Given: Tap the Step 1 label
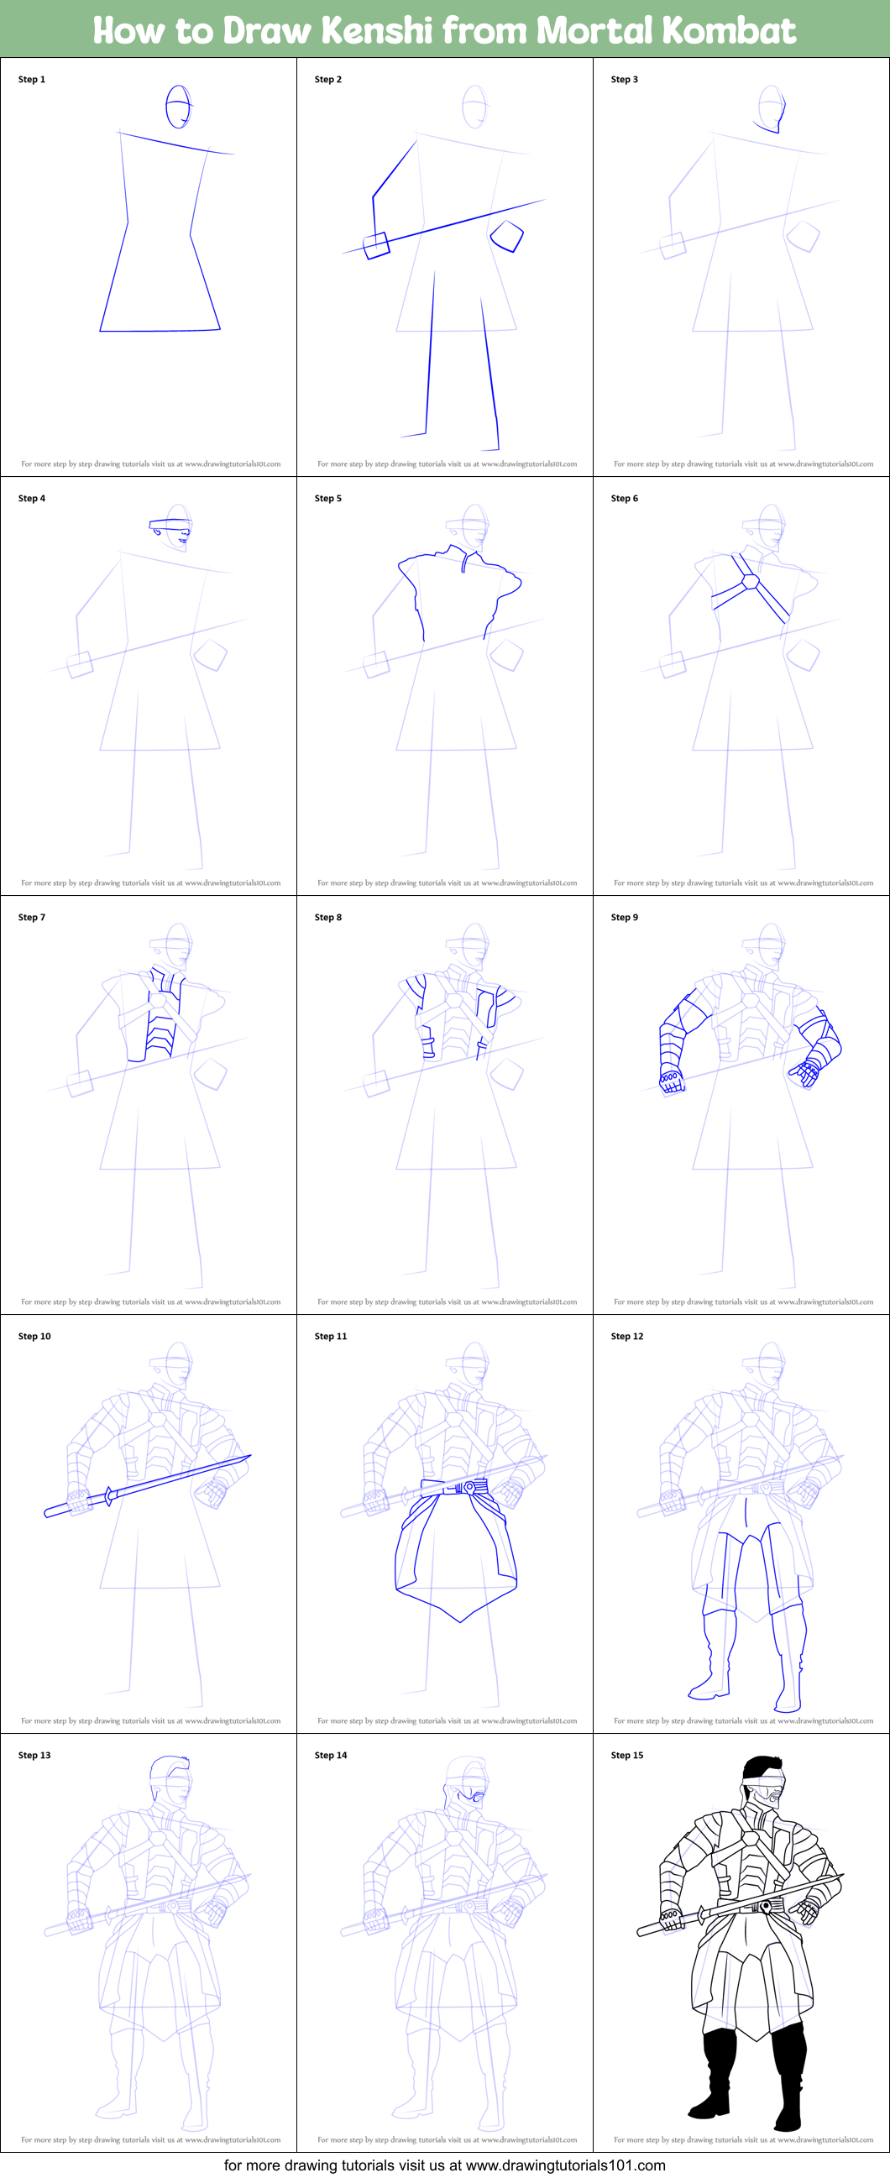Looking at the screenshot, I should (32, 80).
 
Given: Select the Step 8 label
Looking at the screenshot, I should (328, 918).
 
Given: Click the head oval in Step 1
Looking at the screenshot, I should (178, 107).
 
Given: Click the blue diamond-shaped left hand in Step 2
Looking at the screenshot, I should (507, 236).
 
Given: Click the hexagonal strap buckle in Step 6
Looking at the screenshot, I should (749, 582).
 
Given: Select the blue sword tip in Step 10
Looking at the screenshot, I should (246, 1458).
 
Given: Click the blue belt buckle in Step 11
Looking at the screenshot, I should (469, 1487).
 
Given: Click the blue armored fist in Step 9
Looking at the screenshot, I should (671, 1080).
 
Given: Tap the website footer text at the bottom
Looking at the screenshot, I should (444, 2165).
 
